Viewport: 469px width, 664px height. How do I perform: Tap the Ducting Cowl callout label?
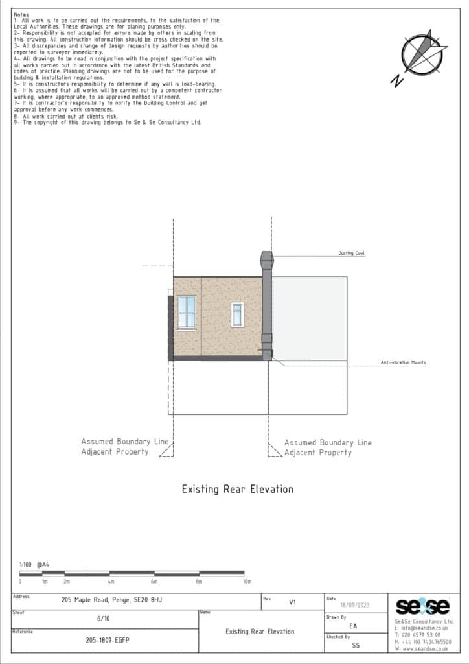pos(351,254)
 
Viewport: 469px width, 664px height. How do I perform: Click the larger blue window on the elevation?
pos(187,312)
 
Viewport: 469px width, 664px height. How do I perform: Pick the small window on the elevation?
pos(237,314)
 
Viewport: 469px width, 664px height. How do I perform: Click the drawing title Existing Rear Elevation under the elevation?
pos(237,489)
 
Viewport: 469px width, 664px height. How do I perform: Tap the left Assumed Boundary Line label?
pos(124,447)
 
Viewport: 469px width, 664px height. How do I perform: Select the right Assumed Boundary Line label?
pos(328,447)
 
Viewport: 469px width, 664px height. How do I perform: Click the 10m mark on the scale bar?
pos(246,582)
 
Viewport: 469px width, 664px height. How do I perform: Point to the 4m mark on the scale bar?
pos(111,582)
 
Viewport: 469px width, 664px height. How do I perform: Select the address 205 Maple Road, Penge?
pos(108,600)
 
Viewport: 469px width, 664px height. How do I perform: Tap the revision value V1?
pos(292,602)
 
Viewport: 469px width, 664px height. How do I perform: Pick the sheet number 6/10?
pos(103,619)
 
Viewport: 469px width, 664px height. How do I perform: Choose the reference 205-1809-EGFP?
pos(108,640)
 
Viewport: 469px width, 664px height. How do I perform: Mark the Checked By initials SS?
pos(356,645)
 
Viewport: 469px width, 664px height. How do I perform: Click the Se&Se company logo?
pos(422,606)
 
